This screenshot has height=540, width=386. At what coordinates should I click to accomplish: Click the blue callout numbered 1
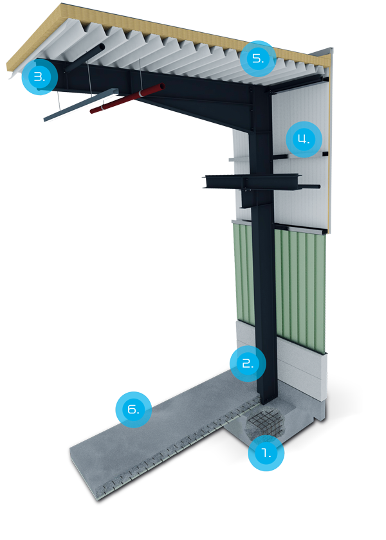coord(266,452)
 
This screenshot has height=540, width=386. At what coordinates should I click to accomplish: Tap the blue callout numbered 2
coord(246,363)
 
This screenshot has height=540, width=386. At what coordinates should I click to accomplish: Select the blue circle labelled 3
coord(39,77)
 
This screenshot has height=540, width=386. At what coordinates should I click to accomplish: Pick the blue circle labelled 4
coord(303,138)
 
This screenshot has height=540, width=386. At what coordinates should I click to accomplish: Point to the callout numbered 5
coord(257,59)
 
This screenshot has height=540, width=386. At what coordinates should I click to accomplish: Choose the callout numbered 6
coord(133,409)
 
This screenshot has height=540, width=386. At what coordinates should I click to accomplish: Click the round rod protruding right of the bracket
coord(312,186)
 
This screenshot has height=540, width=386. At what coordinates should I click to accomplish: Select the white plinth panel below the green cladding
coord(302,370)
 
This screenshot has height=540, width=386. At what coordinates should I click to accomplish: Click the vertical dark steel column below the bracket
coord(264,289)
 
